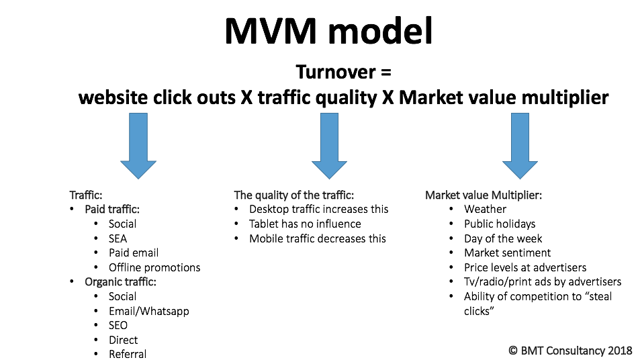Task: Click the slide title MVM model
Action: (328, 31)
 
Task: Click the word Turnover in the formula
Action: (336, 72)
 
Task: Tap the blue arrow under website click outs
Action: (138, 146)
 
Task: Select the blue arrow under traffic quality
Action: (329, 146)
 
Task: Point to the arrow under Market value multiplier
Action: (520, 146)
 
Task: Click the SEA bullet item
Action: (118, 238)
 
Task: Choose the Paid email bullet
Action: (134, 253)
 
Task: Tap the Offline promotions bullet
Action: (154, 267)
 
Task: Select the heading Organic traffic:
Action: (120, 281)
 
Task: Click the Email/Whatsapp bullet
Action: (149, 311)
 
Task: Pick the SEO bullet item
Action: (118, 325)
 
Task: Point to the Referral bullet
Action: (128, 354)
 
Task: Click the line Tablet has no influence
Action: (305, 224)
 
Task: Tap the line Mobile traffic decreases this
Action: (318, 238)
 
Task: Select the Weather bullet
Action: (485, 209)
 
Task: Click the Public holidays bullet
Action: (500, 224)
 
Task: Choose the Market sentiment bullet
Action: (508, 253)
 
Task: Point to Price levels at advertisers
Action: (525, 267)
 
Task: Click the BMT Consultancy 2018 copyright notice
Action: (570, 350)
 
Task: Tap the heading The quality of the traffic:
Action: (293, 195)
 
